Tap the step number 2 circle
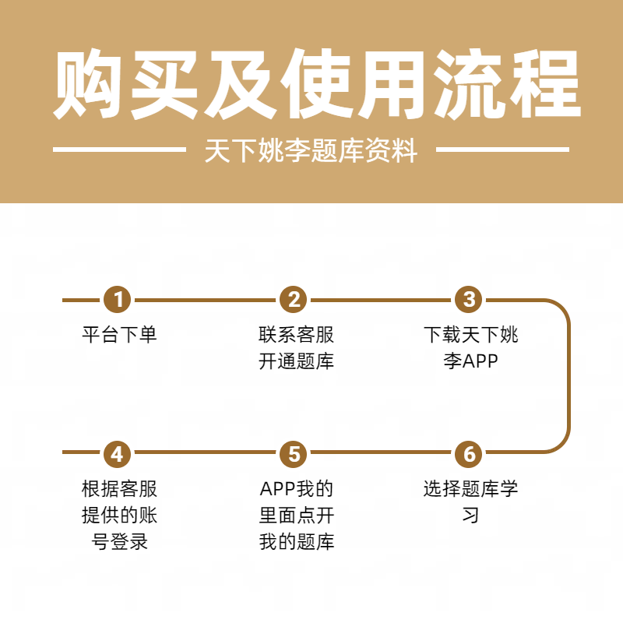(294, 299)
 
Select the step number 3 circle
(469, 299)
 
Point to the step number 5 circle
(294, 452)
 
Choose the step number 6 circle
(469, 452)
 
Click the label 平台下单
(119, 335)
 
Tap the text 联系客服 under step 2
(296, 335)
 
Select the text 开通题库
(296, 361)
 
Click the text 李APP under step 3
(470, 361)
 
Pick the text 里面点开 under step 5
(296, 516)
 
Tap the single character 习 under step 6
(470, 516)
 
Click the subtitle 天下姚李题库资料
(311, 150)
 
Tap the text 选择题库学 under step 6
(470, 489)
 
